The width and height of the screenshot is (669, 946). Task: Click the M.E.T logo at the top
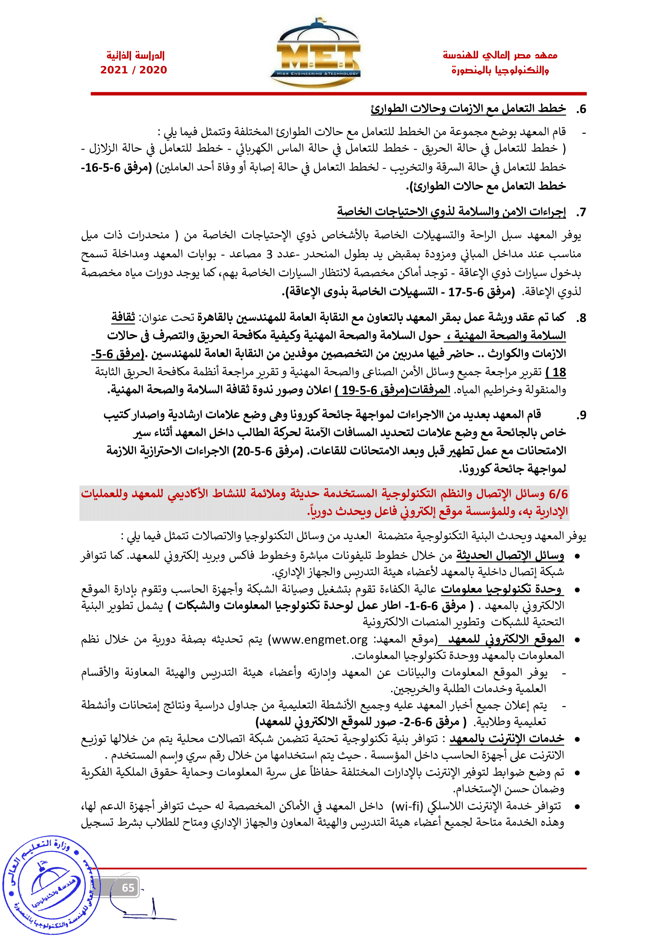[315, 53]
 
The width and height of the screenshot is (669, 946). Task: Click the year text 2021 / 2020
[133, 70]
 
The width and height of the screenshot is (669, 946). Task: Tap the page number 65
[128, 887]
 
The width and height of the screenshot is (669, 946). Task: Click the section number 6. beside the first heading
[581, 110]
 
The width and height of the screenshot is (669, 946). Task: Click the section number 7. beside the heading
[581, 213]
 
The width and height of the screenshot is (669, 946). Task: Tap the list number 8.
[581, 318]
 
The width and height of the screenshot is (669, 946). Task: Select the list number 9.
[581, 415]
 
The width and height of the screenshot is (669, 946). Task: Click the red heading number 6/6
[558, 493]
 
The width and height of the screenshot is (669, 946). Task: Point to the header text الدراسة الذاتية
[135, 55]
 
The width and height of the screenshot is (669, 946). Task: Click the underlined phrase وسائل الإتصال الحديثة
[510, 556]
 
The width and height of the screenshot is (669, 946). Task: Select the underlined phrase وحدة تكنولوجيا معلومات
[501, 589]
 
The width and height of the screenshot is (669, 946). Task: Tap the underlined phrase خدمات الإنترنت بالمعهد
[507, 739]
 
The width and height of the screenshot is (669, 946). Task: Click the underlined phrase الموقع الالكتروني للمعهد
[501, 639]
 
